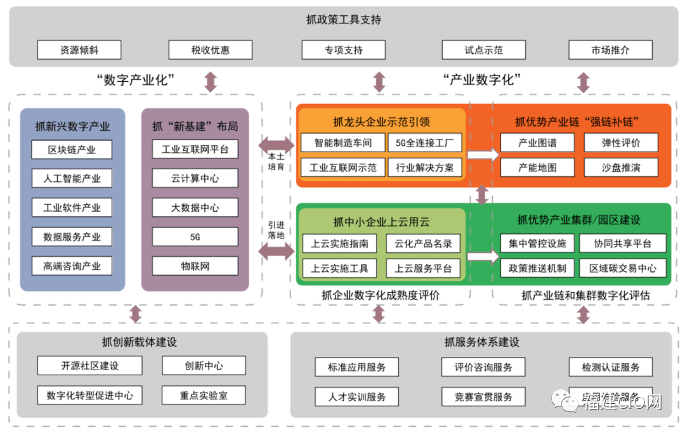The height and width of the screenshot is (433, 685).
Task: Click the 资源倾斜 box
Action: coord(79,50)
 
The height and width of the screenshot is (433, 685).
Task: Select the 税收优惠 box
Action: coord(210,50)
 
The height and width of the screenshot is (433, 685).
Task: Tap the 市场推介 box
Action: coord(610,50)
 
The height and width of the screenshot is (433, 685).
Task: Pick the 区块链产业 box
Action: coord(72,150)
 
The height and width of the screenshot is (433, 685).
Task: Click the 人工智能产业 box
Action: coord(72,179)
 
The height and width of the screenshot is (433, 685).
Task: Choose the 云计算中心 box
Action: coord(195,179)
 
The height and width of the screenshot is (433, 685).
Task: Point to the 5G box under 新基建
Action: coord(195,237)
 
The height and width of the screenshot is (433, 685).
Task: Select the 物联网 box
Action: coord(195,266)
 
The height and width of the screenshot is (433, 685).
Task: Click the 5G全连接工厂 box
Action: coord(424,143)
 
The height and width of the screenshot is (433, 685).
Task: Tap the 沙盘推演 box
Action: coord(621,167)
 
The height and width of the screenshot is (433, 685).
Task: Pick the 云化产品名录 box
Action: coord(422,243)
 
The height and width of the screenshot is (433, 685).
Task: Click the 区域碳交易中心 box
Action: coord(623,268)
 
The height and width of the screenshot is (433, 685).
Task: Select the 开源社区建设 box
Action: coord(89,366)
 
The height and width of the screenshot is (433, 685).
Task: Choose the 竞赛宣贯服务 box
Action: coord(483,397)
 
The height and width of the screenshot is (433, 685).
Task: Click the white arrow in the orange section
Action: coord(483,154)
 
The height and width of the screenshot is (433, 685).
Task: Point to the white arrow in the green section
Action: coord(483,256)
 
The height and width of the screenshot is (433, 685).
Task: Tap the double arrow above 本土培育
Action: coord(276,145)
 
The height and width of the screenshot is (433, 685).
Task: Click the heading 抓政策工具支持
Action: coord(343,20)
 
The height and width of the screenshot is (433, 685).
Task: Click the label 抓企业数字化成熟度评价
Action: coord(380,295)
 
